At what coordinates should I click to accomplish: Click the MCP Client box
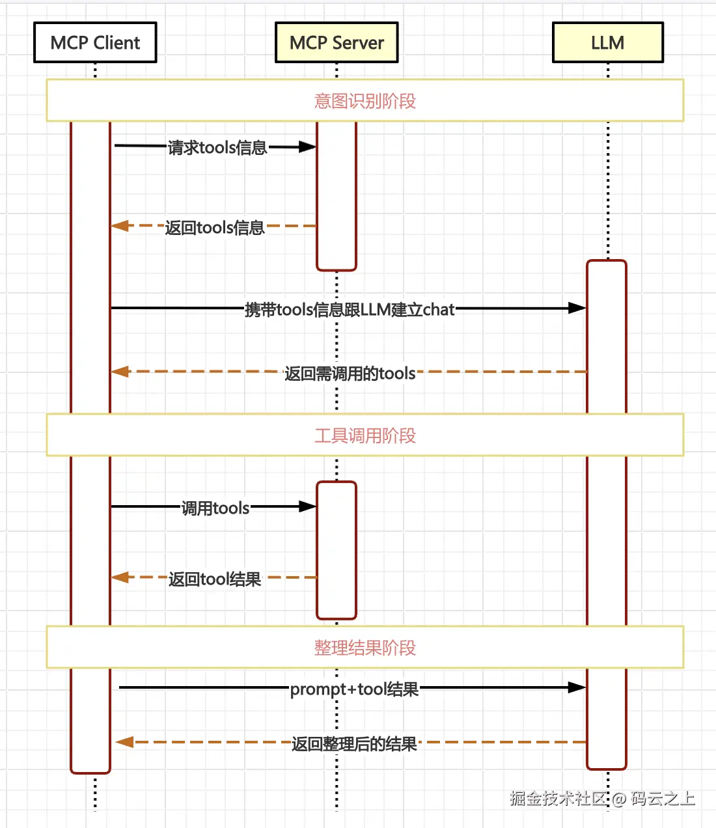(96, 42)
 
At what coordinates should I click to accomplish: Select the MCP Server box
(337, 42)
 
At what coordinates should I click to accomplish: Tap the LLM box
(608, 42)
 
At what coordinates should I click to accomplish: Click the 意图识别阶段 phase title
(365, 101)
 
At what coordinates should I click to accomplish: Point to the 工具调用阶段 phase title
(365, 435)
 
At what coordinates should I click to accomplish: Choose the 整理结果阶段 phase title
(365, 648)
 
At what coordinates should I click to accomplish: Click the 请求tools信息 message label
(217, 147)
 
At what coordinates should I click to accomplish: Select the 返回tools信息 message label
(215, 228)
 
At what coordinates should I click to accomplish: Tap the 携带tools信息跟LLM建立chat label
(350, 310)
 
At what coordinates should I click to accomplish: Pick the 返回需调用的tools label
(350, 374)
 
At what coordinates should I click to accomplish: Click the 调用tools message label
(215, 508)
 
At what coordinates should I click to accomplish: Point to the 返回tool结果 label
(215, 579)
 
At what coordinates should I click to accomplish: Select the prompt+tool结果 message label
(354, 689)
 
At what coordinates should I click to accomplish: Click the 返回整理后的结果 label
(354, 744)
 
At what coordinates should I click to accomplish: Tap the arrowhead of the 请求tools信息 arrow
(308, 146)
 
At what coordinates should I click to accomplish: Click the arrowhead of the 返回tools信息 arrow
(119, 225)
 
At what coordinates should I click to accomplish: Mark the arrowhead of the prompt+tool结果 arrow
(577, 687)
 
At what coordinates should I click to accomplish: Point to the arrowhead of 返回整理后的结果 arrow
(124, 742)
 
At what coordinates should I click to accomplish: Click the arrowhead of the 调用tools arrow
(308, 506)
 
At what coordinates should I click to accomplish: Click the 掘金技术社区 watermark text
(558, 799)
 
